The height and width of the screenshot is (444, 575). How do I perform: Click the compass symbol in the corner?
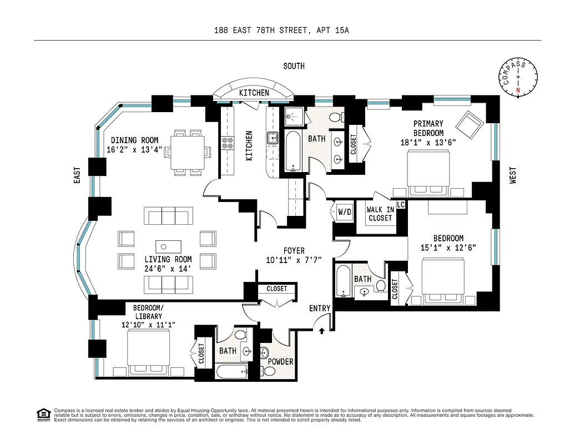point(519,78)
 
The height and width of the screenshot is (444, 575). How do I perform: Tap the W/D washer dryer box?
point(344,211)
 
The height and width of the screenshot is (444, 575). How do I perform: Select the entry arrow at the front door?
point(322,331)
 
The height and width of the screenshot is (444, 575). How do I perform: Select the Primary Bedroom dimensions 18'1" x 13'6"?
point(428,142)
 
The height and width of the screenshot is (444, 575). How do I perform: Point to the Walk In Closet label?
point(380,214)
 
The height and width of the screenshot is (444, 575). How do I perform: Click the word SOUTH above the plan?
point(294,66)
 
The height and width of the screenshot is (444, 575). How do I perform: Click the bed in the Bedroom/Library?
point(148,354)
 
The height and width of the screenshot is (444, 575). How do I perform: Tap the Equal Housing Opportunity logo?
point(42,414)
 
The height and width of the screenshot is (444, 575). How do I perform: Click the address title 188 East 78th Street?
point(281,31)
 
